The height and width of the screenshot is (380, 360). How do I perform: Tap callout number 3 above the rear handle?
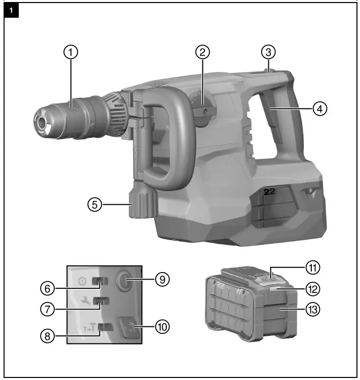pyautogui.click(x=268, y=52)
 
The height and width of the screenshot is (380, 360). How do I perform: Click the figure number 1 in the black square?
pyautogui.click(x=12, y=10)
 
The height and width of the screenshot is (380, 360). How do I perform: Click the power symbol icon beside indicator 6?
pyautogui.click(x=82, y=280)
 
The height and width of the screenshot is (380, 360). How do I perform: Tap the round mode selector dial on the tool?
pyautogui.click(x=203, y=112)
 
